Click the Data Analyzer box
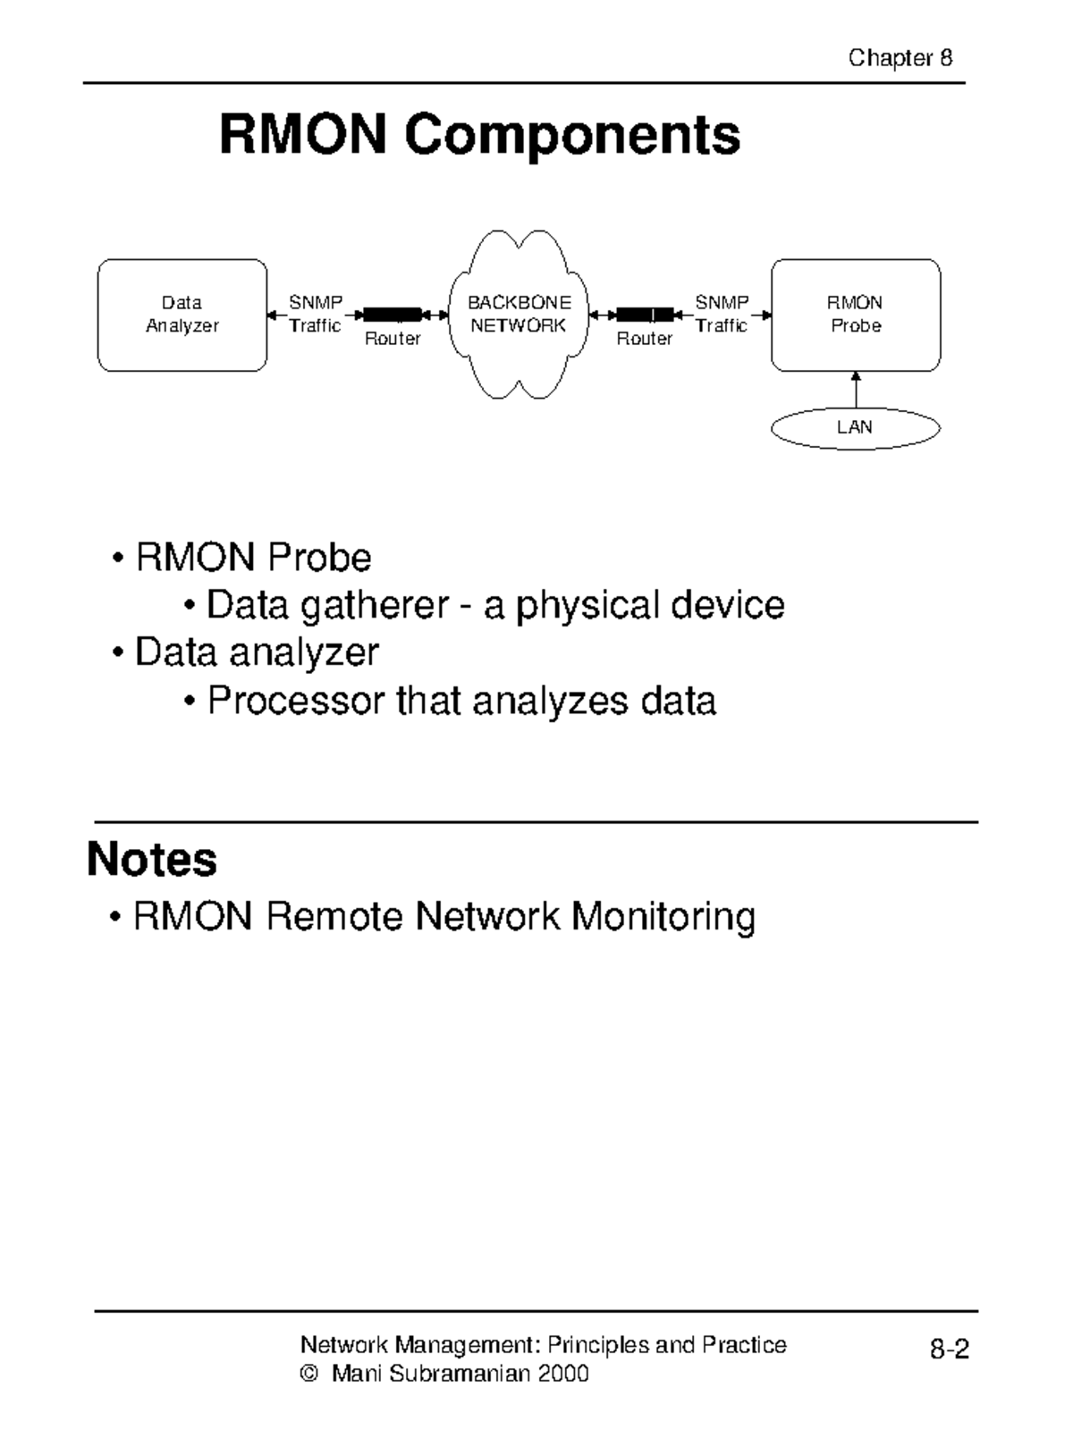[182, 315]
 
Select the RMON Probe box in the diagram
[856, 315]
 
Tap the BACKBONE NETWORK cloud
[519, 315]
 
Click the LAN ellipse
[855, 428]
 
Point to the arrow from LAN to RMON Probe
[856, 390]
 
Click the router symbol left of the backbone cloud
[392, 315]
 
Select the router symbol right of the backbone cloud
[645, 315]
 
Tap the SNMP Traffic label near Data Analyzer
[315, 315]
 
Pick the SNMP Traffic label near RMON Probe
[722, 315]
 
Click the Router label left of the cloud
[393, 339]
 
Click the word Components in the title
[571, 135]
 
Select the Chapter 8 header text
[900, 59]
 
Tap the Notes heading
[152, 859]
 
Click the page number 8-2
[949, 1350]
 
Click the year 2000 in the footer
[562, 1374]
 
